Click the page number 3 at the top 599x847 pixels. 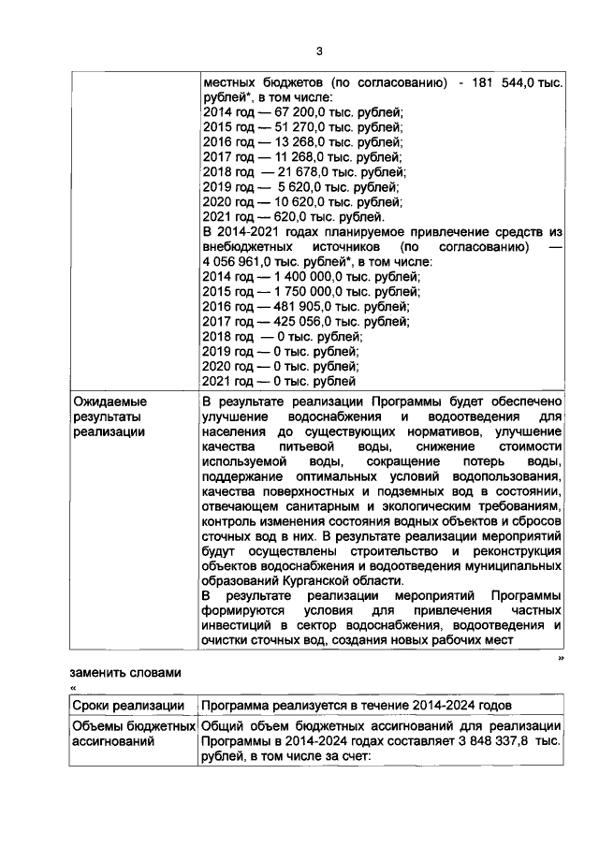318,51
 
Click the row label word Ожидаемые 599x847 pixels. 110,402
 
